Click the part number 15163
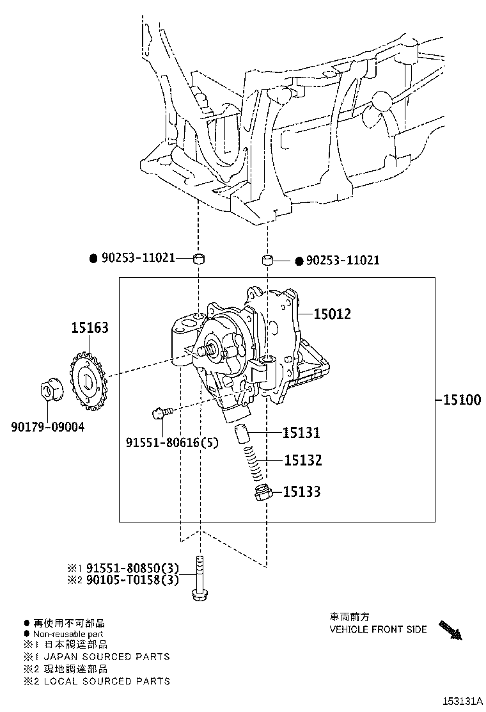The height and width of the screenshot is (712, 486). [90, 328]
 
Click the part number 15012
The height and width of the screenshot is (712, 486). [332, 314]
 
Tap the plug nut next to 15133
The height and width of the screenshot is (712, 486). [261, 493]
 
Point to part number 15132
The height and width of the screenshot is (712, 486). [302, 460]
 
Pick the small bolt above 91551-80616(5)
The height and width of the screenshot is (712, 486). [161, 413]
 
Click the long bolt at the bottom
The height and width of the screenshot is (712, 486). [200, 579]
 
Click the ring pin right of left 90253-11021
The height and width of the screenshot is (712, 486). [200, 259]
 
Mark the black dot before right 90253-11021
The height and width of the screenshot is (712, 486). [299, 261]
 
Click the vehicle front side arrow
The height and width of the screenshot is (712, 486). [450, 630]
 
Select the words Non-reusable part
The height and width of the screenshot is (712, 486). [64, 633]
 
